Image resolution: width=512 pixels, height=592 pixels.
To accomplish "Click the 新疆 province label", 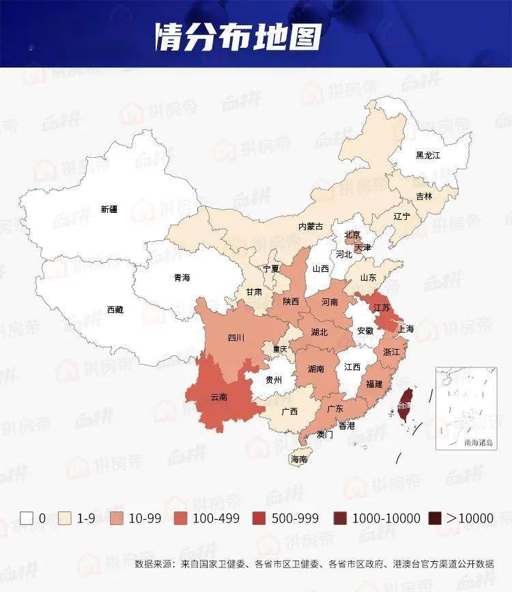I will pyautogui.click(x=109, y=210).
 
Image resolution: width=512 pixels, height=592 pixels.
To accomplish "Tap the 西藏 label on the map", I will pyautogui.click(x=115, y=310).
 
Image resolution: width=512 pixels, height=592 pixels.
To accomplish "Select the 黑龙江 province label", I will pyautogui.click(x=428, y=155).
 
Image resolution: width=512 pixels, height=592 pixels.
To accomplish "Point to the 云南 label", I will pyautogui.click(x=219, y=397).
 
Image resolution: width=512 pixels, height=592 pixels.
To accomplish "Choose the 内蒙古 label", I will pyautogui.click(x=310, y=227).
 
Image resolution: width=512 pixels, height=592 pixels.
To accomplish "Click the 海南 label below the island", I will pyautogui.click(x=298, y=460).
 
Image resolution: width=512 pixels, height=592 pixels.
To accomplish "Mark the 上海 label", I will pyautogui.click(x=406, y=329).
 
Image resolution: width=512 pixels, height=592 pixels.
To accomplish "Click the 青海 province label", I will pyautogui.click(x=182, y=278).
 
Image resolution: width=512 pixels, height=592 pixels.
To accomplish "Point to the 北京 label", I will pyautogui.click(x=352, y=235).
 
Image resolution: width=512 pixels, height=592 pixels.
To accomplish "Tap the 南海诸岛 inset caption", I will pyautogui.click(x=478, y=442).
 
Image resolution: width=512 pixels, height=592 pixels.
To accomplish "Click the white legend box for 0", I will pyautogui.click(x=27, y=518).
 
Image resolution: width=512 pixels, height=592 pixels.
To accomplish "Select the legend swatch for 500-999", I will pyautogui.click(x=261, y=518).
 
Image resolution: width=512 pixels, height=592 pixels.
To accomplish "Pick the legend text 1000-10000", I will pyautogui.click(x=386, y=518).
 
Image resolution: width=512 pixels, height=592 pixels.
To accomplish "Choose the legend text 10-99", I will pyautogui.click(x=145, y=518).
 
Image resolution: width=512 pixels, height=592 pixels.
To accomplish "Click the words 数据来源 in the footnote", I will pyautogui.click(x=154, y=564).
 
